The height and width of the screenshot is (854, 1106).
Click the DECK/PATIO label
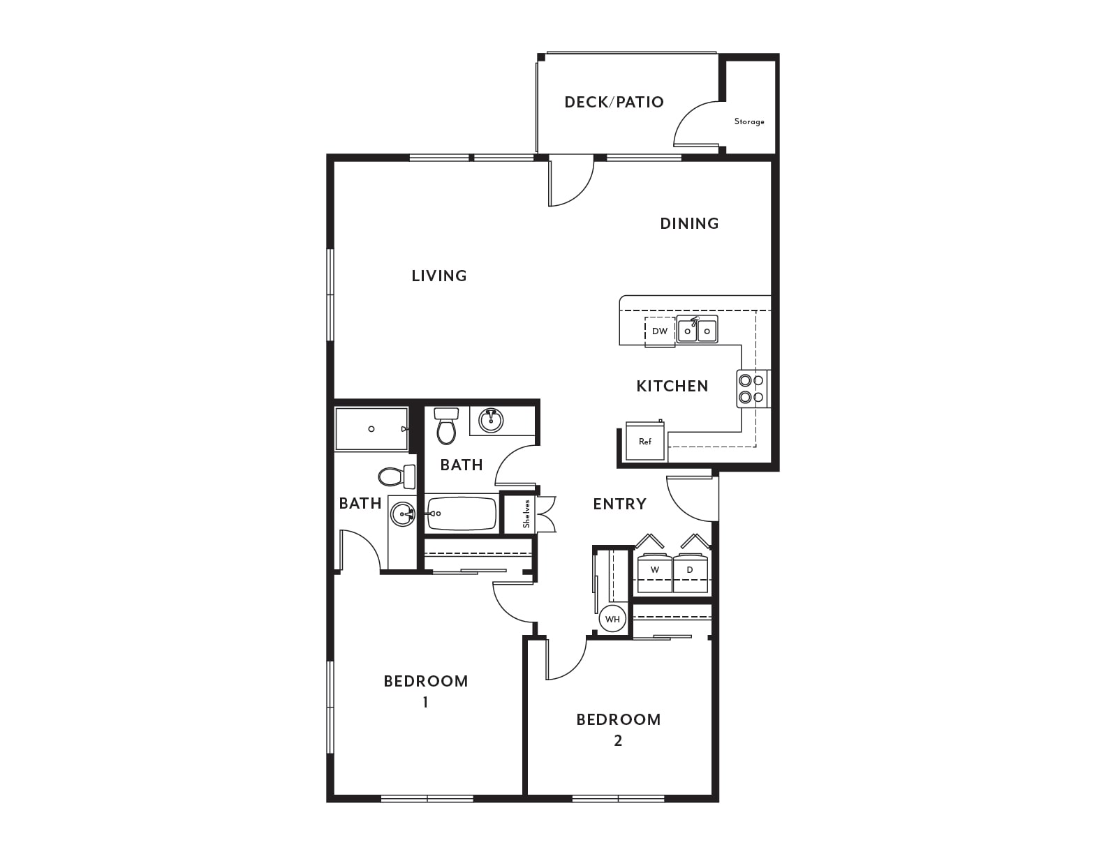614,103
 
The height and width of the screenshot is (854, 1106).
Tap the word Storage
749,121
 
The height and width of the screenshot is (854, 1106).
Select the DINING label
689,223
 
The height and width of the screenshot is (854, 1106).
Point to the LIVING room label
439,276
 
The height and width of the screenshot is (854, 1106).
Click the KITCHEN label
672,386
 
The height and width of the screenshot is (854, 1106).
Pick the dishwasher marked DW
660,331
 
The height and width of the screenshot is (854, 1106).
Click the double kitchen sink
698,329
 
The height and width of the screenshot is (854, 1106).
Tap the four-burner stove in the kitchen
753,389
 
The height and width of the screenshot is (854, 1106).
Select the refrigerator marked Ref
645,441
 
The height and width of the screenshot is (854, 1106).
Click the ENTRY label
619,504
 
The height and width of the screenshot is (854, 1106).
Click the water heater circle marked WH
612,619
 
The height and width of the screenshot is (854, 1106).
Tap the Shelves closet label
526,514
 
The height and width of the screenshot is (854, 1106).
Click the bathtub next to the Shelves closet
462,514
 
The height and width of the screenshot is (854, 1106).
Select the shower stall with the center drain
371,429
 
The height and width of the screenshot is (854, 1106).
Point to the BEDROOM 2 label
619,730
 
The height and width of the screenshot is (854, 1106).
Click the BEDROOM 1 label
425,691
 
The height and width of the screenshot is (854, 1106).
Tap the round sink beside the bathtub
403,514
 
